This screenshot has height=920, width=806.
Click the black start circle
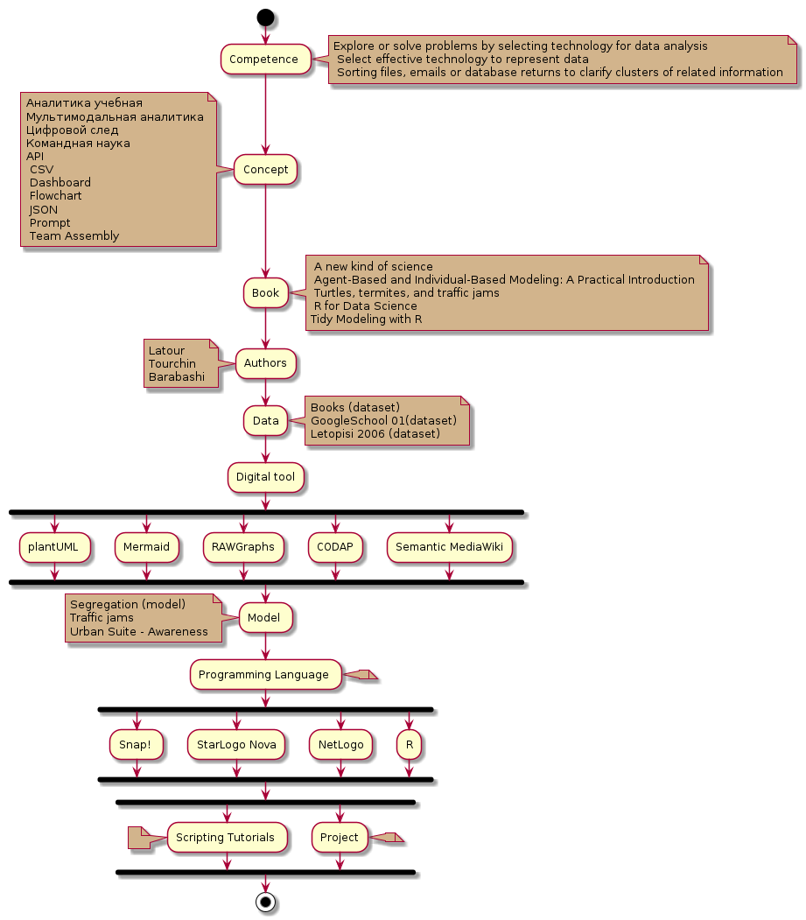[x=265, y=17]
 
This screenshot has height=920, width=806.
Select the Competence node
[x=265, y=60]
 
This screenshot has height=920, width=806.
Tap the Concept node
[x=265, y=170]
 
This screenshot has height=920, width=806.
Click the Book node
[x=265, y=293]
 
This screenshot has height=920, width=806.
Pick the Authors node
[x=265, y=362]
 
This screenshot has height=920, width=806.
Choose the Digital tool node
[x=265, y=477]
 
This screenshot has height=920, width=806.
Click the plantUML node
[x=53, y=547]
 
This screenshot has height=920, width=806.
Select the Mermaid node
[x=146, y=547]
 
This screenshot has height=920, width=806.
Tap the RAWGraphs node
[x=243, y=547]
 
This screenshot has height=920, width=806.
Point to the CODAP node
[x=335, y=547]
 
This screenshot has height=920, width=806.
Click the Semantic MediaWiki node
[x=449, y=547]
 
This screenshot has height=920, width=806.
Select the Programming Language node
[x=264, y=675]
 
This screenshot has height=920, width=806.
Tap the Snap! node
[x=136, y=745]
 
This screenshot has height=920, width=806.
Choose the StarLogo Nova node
[x=236, y=745]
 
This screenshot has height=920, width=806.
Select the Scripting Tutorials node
[x=226, y=838]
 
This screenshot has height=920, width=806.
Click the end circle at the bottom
[x=265, y=902]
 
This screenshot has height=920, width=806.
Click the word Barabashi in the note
[x=176, y=377]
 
